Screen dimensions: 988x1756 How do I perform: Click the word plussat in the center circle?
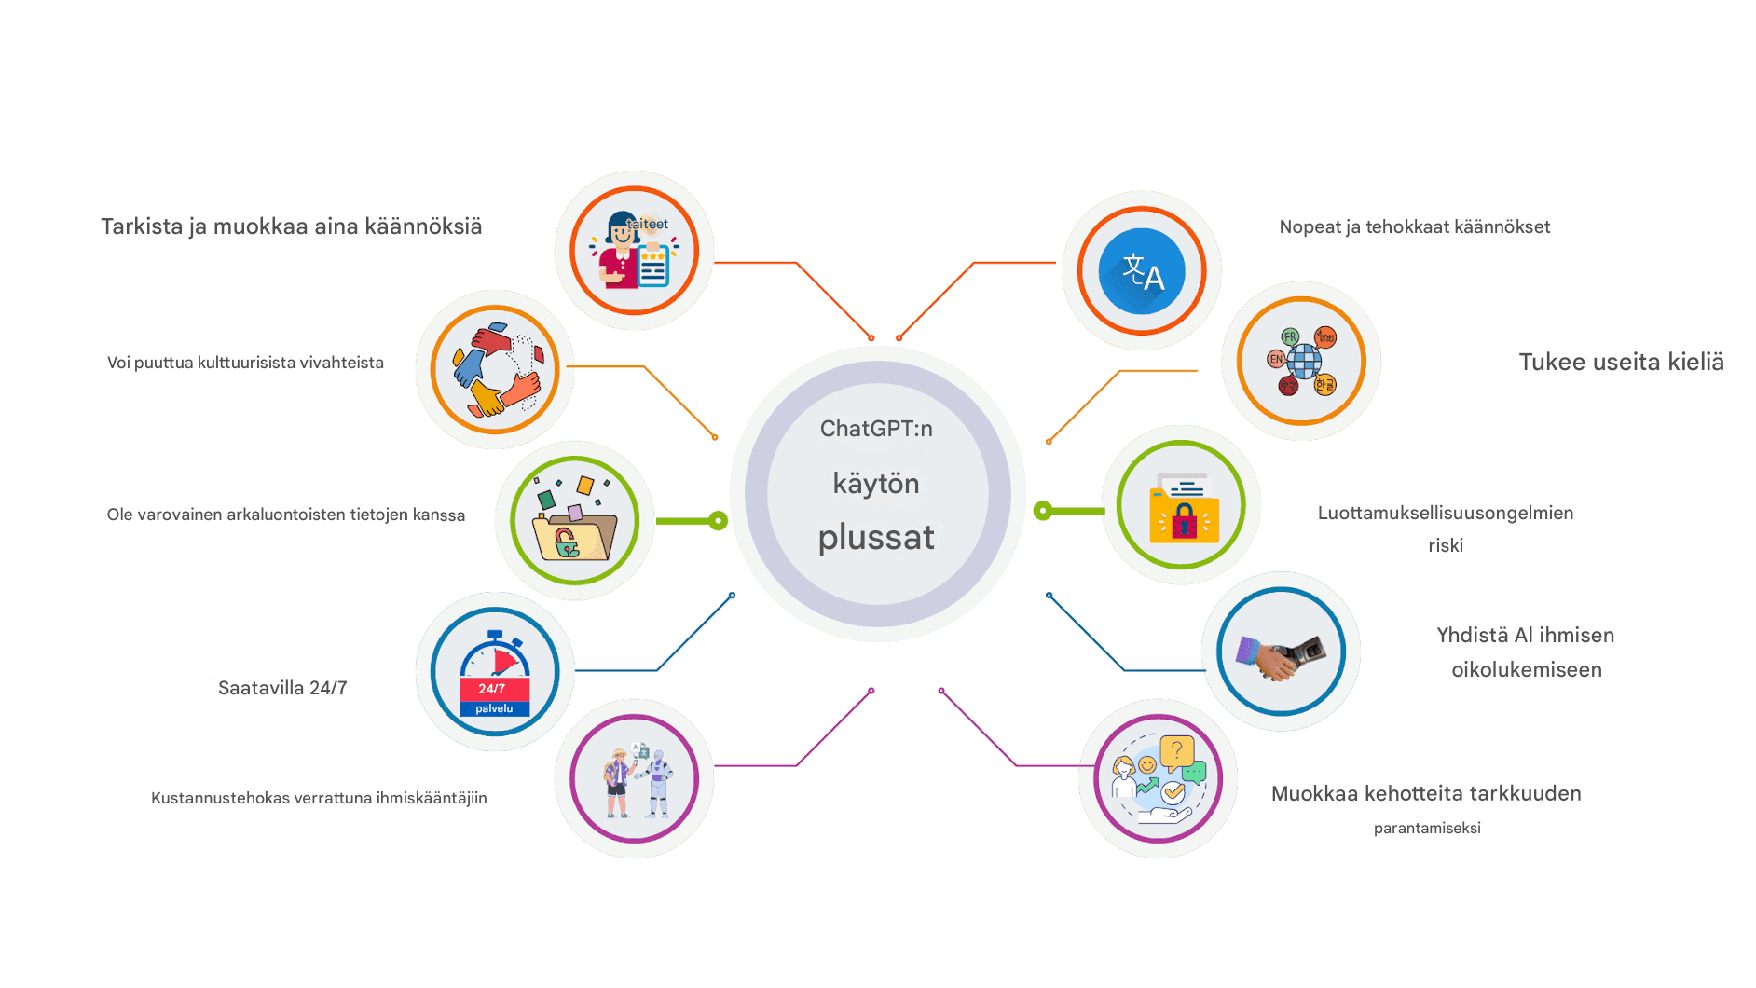(x=876, y=538)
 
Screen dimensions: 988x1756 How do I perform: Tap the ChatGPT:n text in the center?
(x=876, y=429)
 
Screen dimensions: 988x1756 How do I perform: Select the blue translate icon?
(x=1142, y=271)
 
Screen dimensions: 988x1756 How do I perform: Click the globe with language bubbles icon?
(x=1301, y=361)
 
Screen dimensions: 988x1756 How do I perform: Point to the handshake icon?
(x=1281, y=652)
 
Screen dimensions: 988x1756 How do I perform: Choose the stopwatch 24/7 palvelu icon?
(x=495, y=672)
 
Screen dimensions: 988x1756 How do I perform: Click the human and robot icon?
(x=635, y=779)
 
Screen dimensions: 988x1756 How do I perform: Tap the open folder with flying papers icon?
(x=574, y=521)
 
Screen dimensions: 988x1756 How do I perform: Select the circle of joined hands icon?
(x=495, y=369)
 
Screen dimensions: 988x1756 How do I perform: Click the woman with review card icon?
(x=634, y=251)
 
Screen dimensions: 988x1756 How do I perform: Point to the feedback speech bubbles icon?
(x=1158, y=779)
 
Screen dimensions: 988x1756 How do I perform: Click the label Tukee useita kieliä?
(x=1621, y=362)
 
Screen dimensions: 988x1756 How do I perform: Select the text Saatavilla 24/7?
(x=282, y=688)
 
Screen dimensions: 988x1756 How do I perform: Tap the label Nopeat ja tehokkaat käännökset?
(x=1414, y=226)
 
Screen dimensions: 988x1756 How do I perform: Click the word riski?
(x=1446, y=545)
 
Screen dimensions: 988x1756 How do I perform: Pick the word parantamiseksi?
(x=1427, y=828)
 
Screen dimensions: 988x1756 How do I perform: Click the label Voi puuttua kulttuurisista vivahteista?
(x=245, y=363)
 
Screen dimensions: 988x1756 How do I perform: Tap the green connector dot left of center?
(x=718, y=521)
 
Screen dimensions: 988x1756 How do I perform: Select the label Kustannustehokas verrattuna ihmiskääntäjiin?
(x=319, y=798)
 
